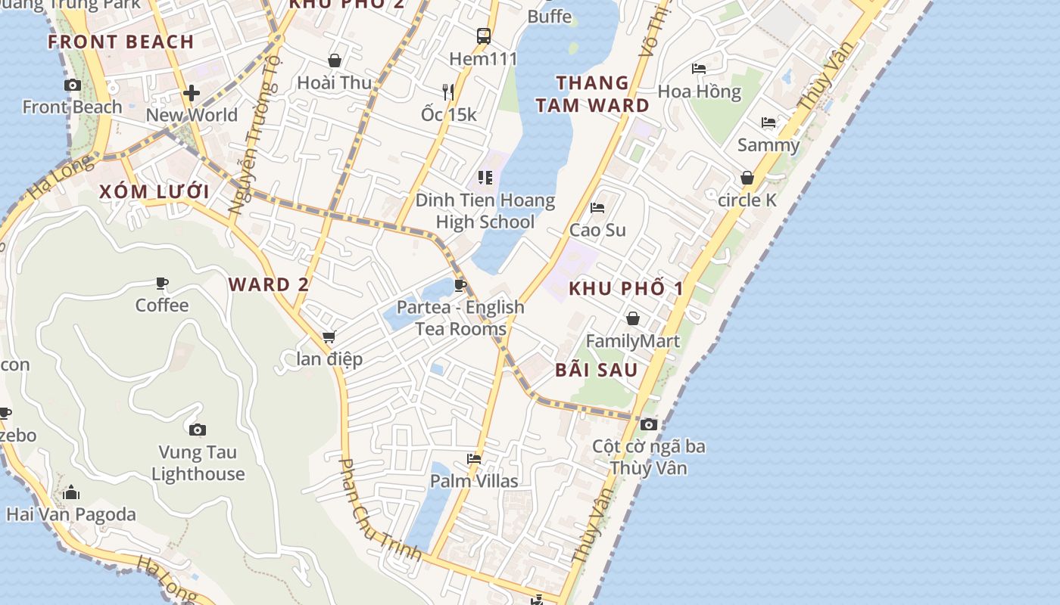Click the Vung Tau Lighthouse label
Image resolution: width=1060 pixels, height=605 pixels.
198,463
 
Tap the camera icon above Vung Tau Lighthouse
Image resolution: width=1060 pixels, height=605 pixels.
198,430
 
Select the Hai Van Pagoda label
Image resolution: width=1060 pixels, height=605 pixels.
71,514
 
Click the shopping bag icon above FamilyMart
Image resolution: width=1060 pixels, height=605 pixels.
632,318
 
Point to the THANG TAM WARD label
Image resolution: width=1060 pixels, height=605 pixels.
593,94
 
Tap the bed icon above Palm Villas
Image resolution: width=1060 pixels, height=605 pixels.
474,458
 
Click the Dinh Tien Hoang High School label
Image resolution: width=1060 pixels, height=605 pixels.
485,211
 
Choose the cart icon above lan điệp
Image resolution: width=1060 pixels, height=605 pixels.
329,337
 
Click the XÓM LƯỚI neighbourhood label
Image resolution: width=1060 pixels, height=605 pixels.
154,191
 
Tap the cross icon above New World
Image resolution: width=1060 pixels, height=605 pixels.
192,93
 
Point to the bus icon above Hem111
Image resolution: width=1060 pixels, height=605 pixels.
484,36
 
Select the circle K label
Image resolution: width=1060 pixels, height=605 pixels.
747,200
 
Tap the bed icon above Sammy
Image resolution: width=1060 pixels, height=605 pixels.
768,123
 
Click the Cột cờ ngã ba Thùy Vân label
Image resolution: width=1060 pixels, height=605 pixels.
649,457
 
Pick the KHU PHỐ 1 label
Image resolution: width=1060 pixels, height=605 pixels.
626,288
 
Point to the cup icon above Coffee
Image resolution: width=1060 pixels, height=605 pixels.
162,284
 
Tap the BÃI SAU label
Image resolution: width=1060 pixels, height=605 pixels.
597,370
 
